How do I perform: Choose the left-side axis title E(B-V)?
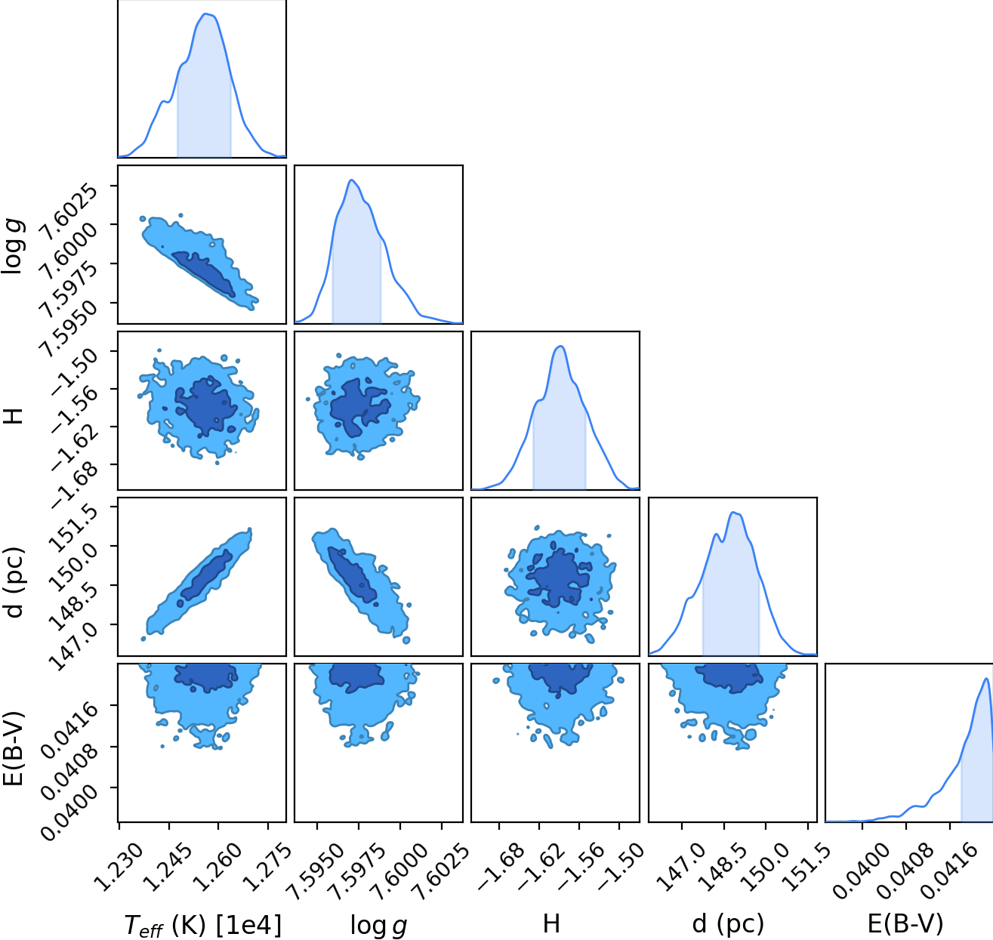click(x=14, y=748)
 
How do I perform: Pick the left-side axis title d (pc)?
click(x=14, y=582)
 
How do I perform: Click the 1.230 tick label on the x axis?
click(x=119, y=867)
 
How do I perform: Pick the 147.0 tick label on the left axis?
click(x=80, y=645)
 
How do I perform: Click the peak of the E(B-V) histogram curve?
click(x=986, y=678)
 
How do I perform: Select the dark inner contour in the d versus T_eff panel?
click(x=206, y=575)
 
